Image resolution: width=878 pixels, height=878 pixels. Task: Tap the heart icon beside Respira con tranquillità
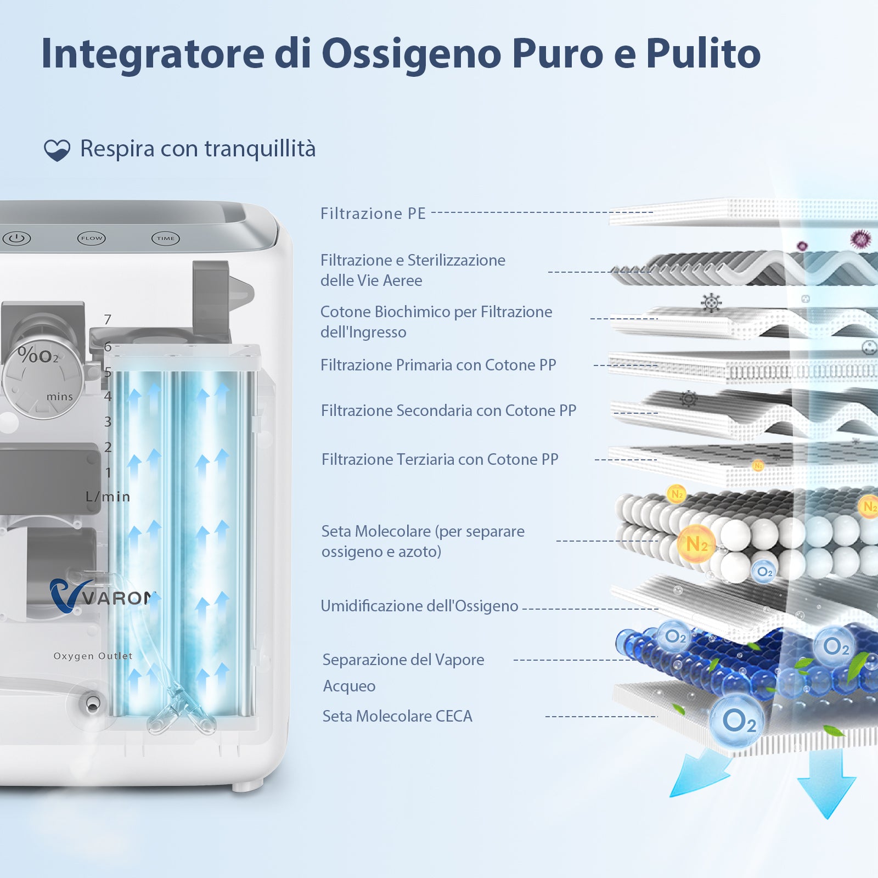point(57,150)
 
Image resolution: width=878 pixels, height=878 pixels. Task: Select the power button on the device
point(17,238)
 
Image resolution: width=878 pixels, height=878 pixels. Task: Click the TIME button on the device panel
point(166,238)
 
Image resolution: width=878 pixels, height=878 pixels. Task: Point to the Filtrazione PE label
point(373,213)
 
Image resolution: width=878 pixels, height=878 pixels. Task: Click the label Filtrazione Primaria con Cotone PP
point(438,365)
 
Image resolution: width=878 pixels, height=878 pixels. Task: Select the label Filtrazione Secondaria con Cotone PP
point(448,410)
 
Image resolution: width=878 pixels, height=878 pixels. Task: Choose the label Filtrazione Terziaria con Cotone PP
point(440,459)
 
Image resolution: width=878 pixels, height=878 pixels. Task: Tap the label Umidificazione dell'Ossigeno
point(419,606)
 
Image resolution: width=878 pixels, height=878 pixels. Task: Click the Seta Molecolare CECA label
point(397,716)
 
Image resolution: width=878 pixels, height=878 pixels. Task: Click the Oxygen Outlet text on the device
point(93,656)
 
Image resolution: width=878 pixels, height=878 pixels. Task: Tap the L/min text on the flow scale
point(108,497)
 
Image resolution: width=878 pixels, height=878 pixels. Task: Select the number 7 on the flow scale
point(108,319)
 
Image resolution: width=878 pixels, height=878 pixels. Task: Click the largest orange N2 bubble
point(697,544)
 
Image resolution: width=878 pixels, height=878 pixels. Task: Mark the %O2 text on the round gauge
point(38,356)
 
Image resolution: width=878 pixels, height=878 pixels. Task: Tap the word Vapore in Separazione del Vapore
point(457,660)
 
